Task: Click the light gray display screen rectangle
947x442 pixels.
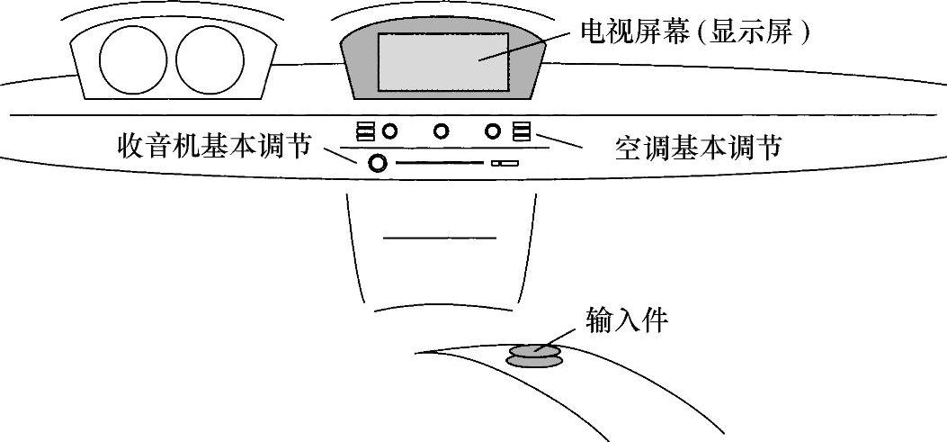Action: [442, 61]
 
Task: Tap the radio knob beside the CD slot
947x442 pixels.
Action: [378, 163]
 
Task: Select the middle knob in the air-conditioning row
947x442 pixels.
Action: [441, 131]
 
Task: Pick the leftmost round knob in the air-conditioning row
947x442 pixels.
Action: [389, 131]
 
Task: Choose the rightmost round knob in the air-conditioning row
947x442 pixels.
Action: [493, 131]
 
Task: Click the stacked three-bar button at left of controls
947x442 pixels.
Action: [365, 132]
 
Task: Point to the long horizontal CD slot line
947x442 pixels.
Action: [440, 163]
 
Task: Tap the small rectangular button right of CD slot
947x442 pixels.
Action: [505, 163]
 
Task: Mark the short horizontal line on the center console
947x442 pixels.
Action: [439, 238]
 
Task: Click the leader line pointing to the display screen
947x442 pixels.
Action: [526, 47]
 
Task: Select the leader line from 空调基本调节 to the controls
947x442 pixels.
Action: [559, 141]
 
